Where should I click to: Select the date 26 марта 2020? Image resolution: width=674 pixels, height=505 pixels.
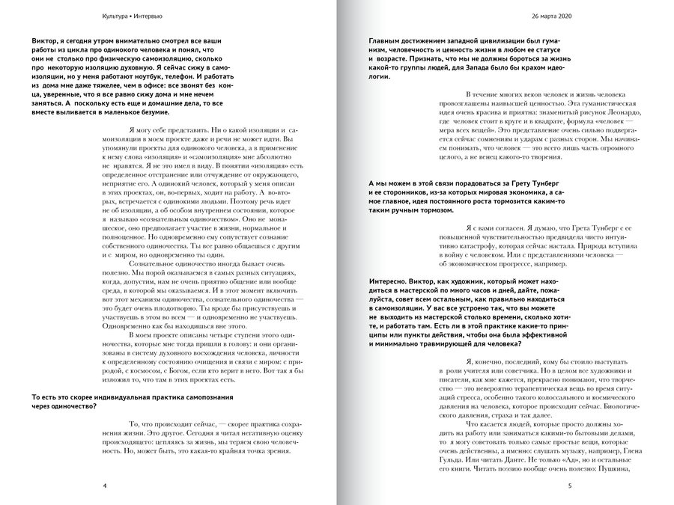[551, 16]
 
